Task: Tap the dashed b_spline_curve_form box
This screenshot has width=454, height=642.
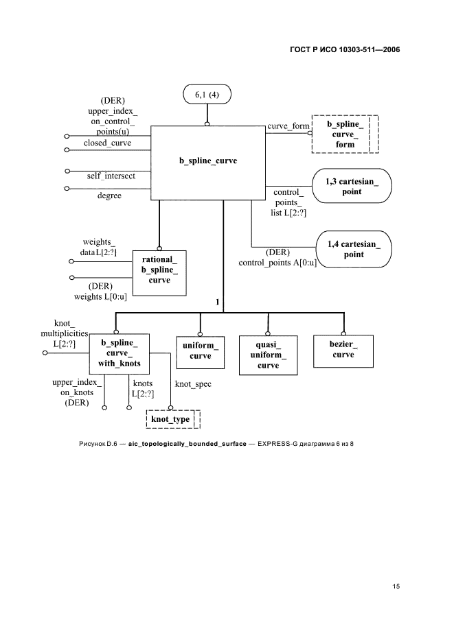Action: (x=343, y=134)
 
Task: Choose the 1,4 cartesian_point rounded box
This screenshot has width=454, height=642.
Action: (x=353, y=249)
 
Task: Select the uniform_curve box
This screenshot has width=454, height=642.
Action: (x=200, y=350)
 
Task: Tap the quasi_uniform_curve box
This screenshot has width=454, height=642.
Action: (x=269, y=355)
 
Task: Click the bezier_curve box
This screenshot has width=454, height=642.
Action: (x=343, y=350)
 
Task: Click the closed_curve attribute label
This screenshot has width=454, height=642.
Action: (x=108, y=143)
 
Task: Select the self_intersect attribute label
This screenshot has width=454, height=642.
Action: (x=111, y=176)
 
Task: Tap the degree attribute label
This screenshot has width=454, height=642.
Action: (x=109, y=195)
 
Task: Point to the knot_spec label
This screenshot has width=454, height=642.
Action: (x=193, y=384)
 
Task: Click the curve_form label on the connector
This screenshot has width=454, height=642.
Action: (x=288, y=126)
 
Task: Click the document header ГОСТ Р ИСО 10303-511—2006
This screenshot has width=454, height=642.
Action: (x=344, y=50)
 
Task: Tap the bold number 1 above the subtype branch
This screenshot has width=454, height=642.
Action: (x=218, y=301)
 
